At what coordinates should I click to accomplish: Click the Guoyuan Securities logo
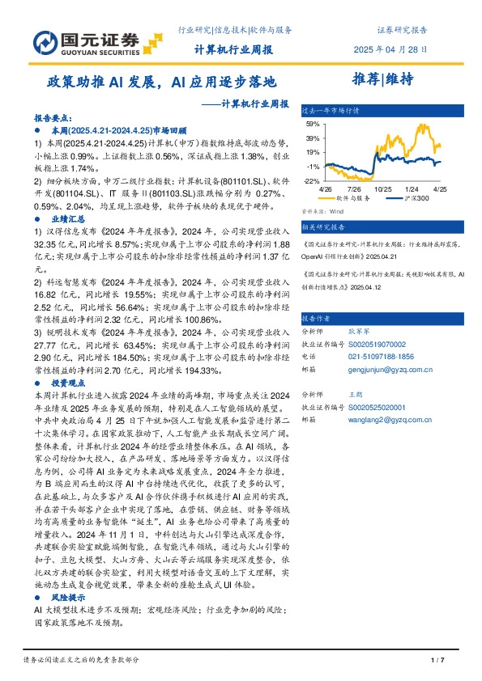[x=76, y=40]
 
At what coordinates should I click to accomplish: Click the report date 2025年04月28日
[x=391, y=49]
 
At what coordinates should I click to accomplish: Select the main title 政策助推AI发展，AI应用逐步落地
[x=160, y=82]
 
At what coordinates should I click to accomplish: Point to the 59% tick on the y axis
[x=313, y=124]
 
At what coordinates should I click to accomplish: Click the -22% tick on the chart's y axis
[x=312, y=180]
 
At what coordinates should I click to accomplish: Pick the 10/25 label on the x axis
[x=383, y=188]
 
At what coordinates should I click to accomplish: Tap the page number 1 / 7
[x=436, y=660]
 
